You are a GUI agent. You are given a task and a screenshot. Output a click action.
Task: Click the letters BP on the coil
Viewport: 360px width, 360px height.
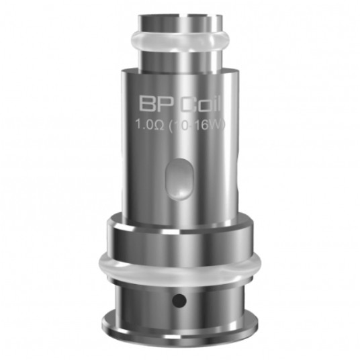pyautogui.click(x=154, y=105)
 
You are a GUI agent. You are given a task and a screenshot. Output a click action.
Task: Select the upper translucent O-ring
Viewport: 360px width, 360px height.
pyautogui.click(x=180, y=40)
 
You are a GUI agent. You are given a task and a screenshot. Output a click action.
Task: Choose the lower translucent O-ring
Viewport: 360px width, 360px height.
pyautogui.click(x=179, y=265)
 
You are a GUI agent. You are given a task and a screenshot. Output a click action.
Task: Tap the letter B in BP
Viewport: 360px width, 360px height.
pyautogui.click(x=147, y=105)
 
